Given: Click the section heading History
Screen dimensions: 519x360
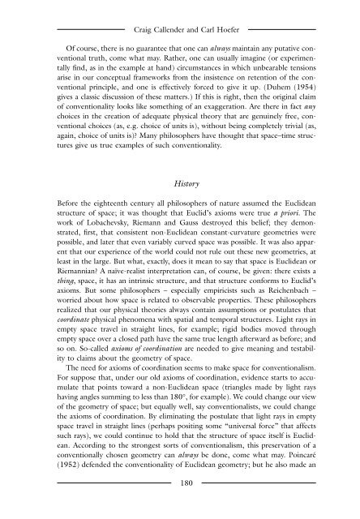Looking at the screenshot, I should [179, 186].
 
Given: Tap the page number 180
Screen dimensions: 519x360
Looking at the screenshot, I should [179, 506].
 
